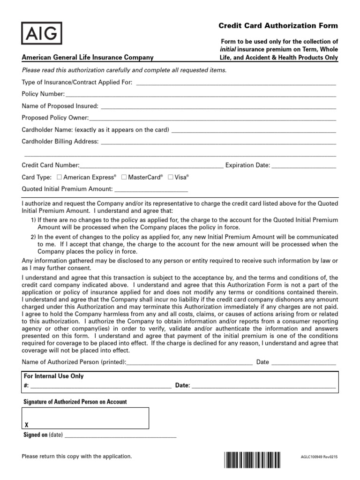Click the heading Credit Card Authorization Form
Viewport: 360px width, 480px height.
point(278,26)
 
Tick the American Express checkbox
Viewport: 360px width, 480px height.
point(59,177)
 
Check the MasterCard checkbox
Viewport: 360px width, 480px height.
point(124,177)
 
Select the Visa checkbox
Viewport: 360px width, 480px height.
point(171,177)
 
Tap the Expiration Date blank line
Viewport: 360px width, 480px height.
point(304,167)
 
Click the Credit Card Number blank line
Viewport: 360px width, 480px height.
point(152,167)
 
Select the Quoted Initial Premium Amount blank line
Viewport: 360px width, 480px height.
point(151,191)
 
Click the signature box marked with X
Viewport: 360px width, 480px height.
point(86,418)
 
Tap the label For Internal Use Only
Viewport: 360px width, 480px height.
point(53,376)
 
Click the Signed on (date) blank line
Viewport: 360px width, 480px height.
point(120,436)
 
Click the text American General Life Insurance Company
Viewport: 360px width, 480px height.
point(88,58)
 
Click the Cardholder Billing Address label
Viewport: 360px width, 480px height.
point(60,142)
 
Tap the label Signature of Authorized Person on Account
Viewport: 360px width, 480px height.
point(75,402)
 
